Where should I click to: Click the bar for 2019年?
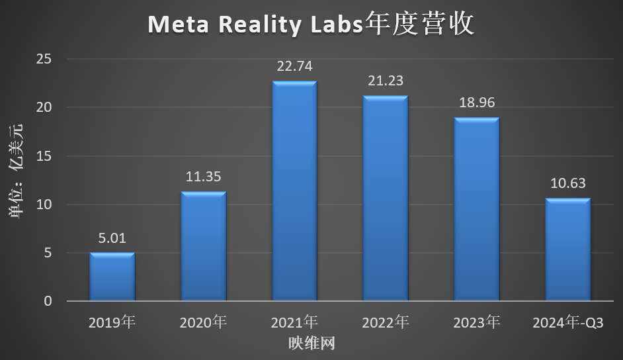(x=112, y=277)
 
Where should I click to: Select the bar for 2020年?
(x=204, y=247)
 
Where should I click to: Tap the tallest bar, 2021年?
(x=295, y=192)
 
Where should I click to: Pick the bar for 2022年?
(x=386, y=199)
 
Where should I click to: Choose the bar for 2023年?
(x=477, y=210)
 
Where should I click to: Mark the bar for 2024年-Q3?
(x=567, y=250)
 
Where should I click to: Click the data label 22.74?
(x=295, y=66)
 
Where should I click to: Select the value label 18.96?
(x=477, y=103)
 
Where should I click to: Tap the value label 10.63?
(x=567, y=183)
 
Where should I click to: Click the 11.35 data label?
(x=204, y=177)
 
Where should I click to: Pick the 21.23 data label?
(x=386, y=81)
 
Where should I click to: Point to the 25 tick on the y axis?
(x=44, y=60)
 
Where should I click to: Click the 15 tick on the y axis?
(x=44, y=156)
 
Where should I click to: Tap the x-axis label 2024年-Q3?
(x=567, y=323)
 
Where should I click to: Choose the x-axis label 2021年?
(x=295, y=323)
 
